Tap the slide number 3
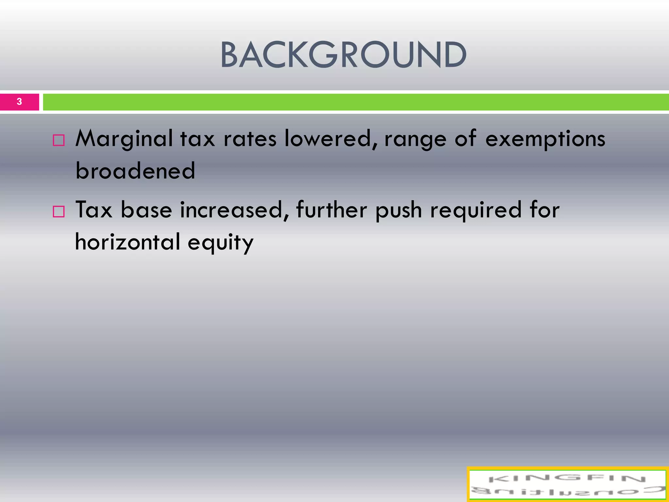19,102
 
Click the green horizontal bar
355,102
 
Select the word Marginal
124,139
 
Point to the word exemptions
545,139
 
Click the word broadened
135,171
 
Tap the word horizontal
127,242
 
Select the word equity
220,243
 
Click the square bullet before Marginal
59,140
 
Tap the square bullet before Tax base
59,211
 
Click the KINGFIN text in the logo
567,479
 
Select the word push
399,210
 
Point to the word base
146,210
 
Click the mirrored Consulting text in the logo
567,491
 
